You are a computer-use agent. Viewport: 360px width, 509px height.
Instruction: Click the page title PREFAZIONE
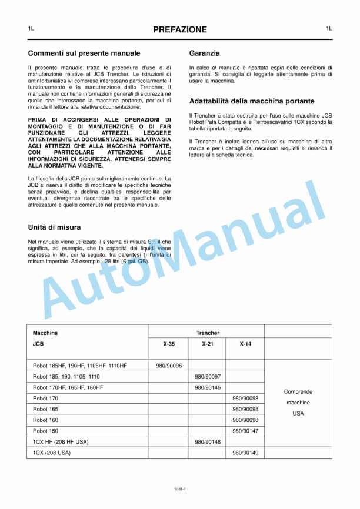(180, 29)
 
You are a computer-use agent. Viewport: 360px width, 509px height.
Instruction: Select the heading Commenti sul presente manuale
(84, 53)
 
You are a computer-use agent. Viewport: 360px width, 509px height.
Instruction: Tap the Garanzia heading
(204, 53)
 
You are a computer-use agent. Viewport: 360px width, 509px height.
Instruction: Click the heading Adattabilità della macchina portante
(252, 101)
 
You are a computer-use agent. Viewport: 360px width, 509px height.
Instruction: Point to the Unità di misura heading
(54, 227)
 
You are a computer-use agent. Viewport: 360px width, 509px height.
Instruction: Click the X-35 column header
(169, 344)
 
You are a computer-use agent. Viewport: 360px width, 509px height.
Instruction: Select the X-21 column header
(207, 344)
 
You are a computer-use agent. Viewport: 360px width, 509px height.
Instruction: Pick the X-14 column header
(245, 344)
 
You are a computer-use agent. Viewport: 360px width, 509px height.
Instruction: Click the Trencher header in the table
(207, 333)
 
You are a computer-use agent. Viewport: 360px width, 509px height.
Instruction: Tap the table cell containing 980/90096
(169, 366)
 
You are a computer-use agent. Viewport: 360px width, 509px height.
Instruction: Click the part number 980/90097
(207, 376)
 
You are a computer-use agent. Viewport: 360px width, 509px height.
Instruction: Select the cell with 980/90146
(207, 387)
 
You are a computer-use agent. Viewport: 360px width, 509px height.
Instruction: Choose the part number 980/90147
(245, 431)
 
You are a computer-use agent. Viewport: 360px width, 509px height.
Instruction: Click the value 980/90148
(207, 442)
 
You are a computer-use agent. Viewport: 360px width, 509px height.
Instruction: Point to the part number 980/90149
(245, 453)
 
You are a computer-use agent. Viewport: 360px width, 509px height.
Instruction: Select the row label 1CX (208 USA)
(51, 453)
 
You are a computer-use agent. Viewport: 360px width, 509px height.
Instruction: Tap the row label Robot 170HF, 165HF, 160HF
(68, 387)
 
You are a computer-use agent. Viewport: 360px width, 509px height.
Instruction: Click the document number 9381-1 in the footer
(180, 488)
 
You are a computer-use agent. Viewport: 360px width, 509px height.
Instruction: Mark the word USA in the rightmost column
(298, 413)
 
